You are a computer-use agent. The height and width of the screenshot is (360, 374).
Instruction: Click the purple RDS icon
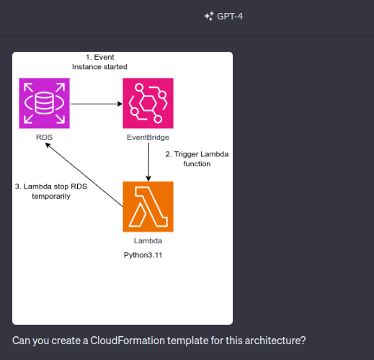tap(44, 103)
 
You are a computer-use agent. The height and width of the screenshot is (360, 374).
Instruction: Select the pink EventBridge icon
tap(148, 103)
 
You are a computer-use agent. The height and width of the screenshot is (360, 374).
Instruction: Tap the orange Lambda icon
tap(148, 207)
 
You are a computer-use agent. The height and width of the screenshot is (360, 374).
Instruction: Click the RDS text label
tap(44, 138)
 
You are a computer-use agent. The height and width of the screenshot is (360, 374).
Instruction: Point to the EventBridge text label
tap(148, 138)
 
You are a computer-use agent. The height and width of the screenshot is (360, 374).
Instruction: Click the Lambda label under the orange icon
tap(148, 240)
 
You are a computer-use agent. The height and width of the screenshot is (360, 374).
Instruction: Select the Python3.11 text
tap(143, 255)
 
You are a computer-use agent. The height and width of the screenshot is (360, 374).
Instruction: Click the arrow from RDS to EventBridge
tap(97, 104)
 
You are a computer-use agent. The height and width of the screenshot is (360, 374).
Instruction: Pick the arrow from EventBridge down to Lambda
tap(148, 162)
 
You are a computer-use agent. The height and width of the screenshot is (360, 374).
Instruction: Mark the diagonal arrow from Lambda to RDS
tap(84, 175)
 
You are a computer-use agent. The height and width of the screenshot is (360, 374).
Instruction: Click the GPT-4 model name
tap(230, 17)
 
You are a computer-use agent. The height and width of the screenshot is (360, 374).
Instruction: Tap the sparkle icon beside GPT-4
tap(209, 17)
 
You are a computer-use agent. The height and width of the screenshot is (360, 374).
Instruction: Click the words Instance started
tap(99, 67)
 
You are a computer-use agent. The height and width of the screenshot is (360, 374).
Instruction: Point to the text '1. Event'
tap(100, 57)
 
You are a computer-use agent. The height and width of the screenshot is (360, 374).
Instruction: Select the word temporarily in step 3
tap(51, 197)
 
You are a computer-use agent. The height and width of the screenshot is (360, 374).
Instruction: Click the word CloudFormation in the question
tap(128, 341)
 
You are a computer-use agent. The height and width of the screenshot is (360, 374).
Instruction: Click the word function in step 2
tap(197, 164)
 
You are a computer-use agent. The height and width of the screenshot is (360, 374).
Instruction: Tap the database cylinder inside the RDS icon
tap(44, 103)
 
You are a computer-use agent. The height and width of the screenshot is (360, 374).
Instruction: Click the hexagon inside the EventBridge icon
tap(148, 103)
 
